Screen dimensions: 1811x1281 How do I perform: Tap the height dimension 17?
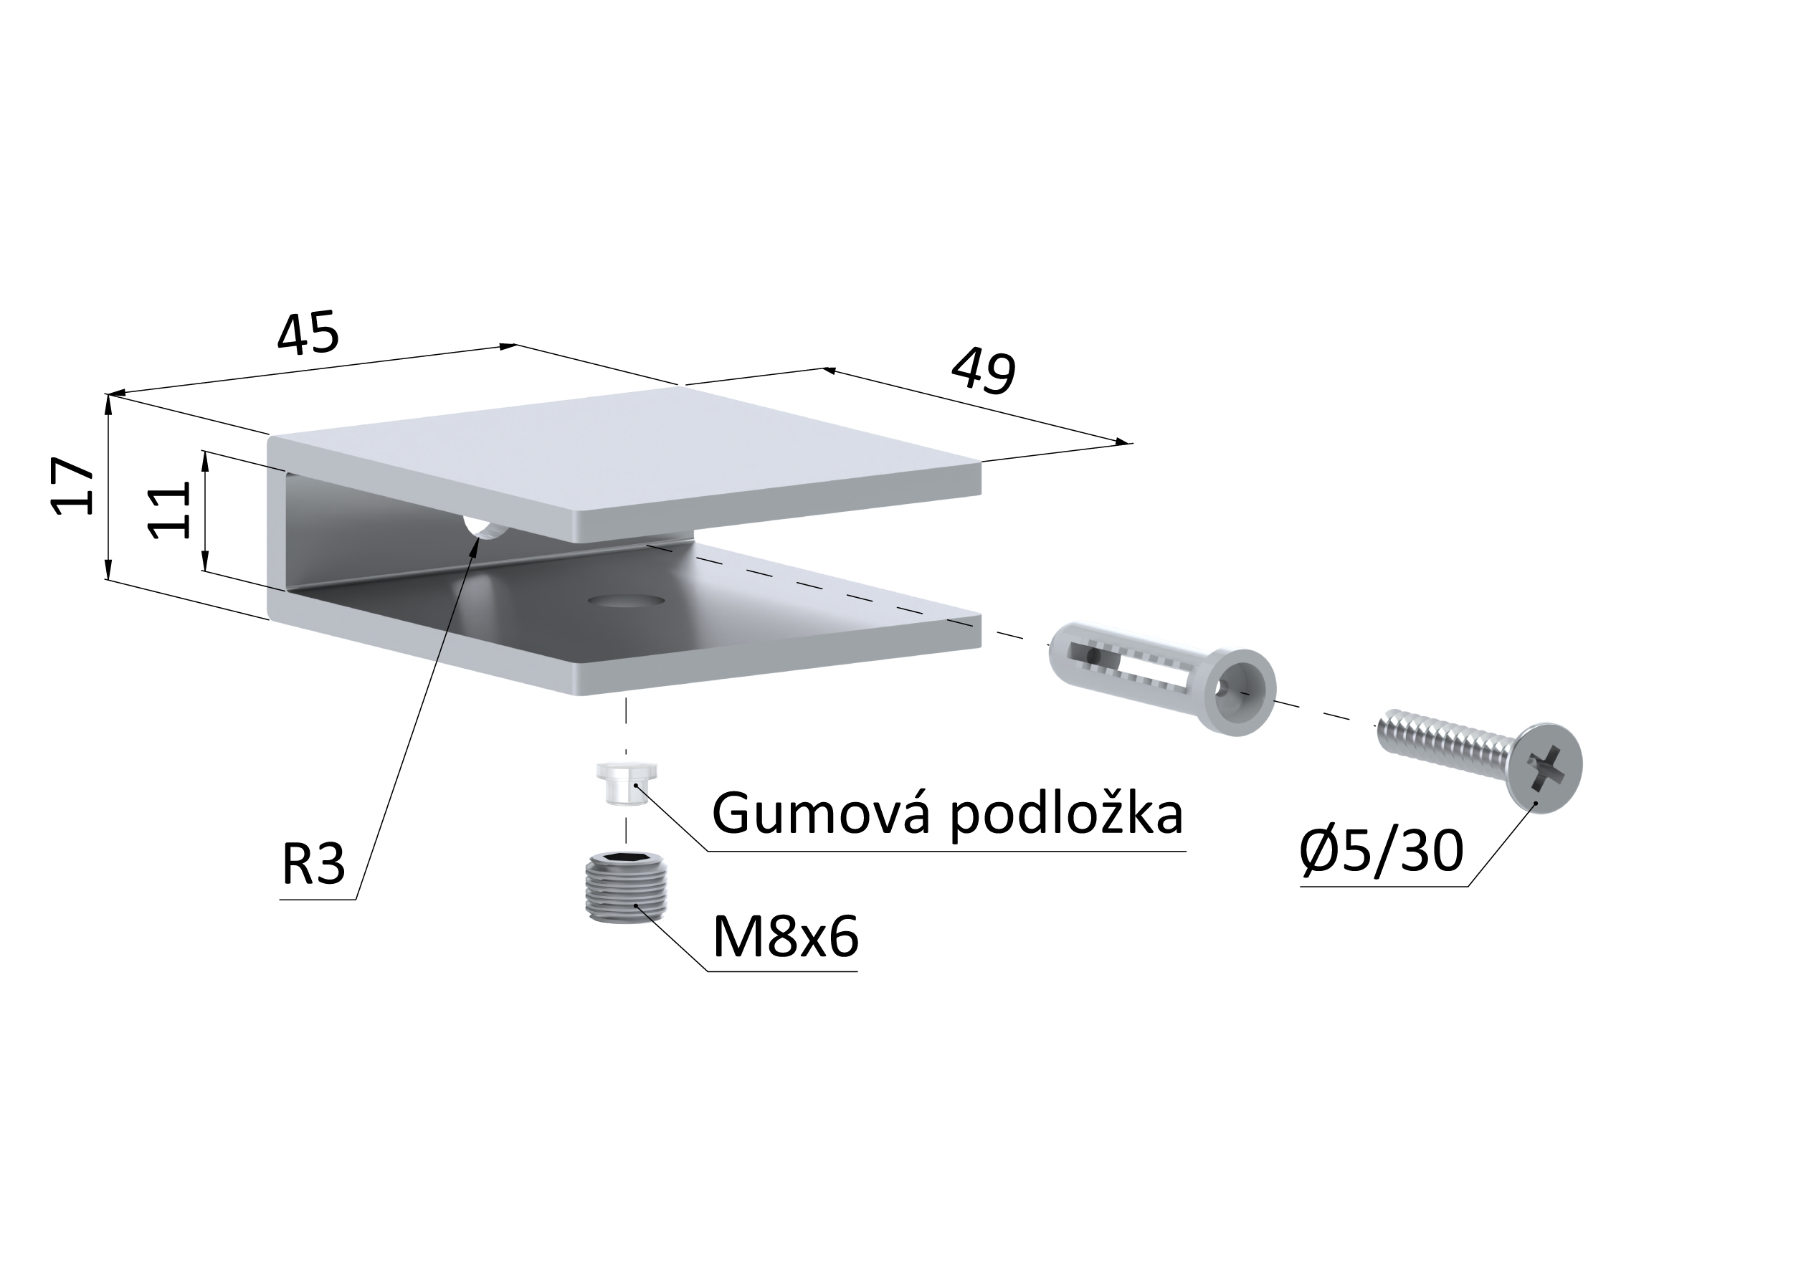click(71, 487)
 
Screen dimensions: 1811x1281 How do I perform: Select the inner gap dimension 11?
click(168, 510)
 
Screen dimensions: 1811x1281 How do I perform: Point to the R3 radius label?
click(313, 865)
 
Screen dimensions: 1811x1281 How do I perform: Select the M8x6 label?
click(785, 937)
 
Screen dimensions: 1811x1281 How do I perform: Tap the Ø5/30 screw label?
click(1381, 851)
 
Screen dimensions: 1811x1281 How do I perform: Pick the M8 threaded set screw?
click(627, 887)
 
